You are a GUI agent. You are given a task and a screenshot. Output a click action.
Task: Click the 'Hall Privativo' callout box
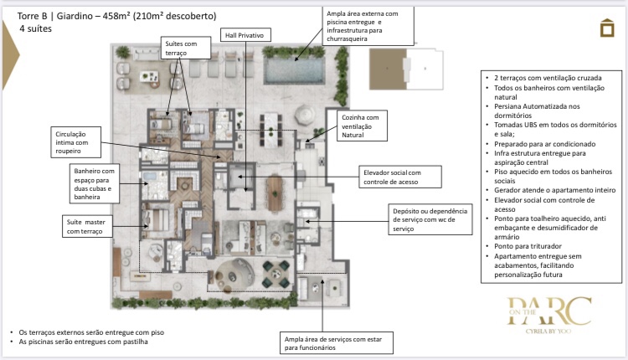(245, 35)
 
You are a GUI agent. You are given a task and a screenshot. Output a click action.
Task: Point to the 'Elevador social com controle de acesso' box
(400, 177)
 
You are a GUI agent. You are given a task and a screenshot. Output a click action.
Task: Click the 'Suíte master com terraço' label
(87, 227)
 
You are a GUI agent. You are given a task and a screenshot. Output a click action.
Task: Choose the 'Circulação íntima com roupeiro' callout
(75, 142)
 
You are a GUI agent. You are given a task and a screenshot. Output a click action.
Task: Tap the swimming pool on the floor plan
(295, 70)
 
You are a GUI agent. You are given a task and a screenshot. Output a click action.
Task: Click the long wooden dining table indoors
(275, 193)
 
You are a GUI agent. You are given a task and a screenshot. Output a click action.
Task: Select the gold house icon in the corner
(607, 28)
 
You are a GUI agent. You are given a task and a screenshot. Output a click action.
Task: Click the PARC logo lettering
(549, 311)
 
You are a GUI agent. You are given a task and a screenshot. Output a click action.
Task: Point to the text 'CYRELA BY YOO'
(548, 332)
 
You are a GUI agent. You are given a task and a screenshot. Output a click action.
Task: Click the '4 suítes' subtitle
(36, 28)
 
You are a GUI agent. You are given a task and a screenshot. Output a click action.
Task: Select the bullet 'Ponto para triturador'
(528, 246)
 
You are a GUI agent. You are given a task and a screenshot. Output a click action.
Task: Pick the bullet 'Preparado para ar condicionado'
(545, 144)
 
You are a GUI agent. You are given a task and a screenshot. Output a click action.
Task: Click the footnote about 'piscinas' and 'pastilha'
(83, 342)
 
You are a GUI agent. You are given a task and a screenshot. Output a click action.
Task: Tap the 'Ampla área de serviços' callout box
(337, 343)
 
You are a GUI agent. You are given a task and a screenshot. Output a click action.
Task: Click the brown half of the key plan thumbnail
(388, 69)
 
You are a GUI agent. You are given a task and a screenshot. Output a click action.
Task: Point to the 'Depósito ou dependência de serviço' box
(430, 219)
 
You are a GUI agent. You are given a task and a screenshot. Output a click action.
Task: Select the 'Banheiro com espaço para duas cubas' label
(94, 184)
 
